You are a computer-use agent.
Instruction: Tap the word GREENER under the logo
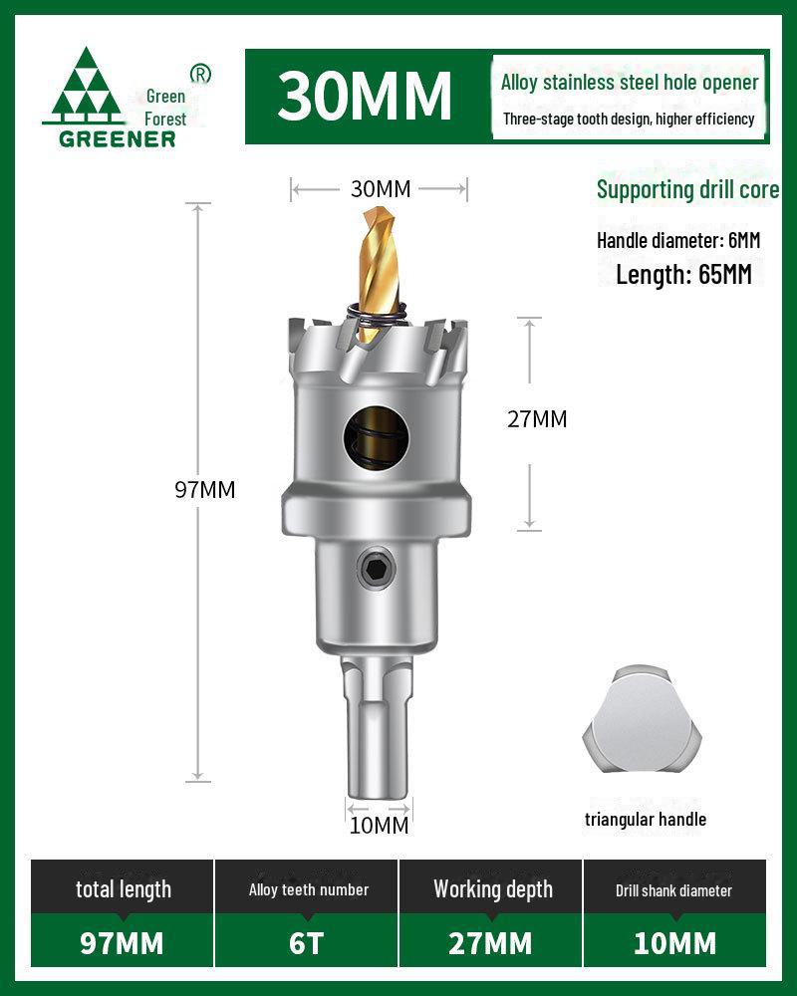118,138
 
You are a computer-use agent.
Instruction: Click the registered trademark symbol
199,74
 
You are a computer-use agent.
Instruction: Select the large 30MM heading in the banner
365,96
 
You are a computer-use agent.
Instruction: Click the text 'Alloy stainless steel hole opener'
630,83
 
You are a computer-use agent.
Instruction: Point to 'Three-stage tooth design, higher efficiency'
629,120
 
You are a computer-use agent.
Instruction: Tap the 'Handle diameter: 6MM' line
678,240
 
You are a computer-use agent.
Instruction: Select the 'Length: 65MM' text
683,274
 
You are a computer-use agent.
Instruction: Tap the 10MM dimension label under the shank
379,825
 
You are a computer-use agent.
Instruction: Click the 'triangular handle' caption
646,819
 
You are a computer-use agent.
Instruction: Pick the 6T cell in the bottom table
307,942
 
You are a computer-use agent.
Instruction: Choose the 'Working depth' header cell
492,889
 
